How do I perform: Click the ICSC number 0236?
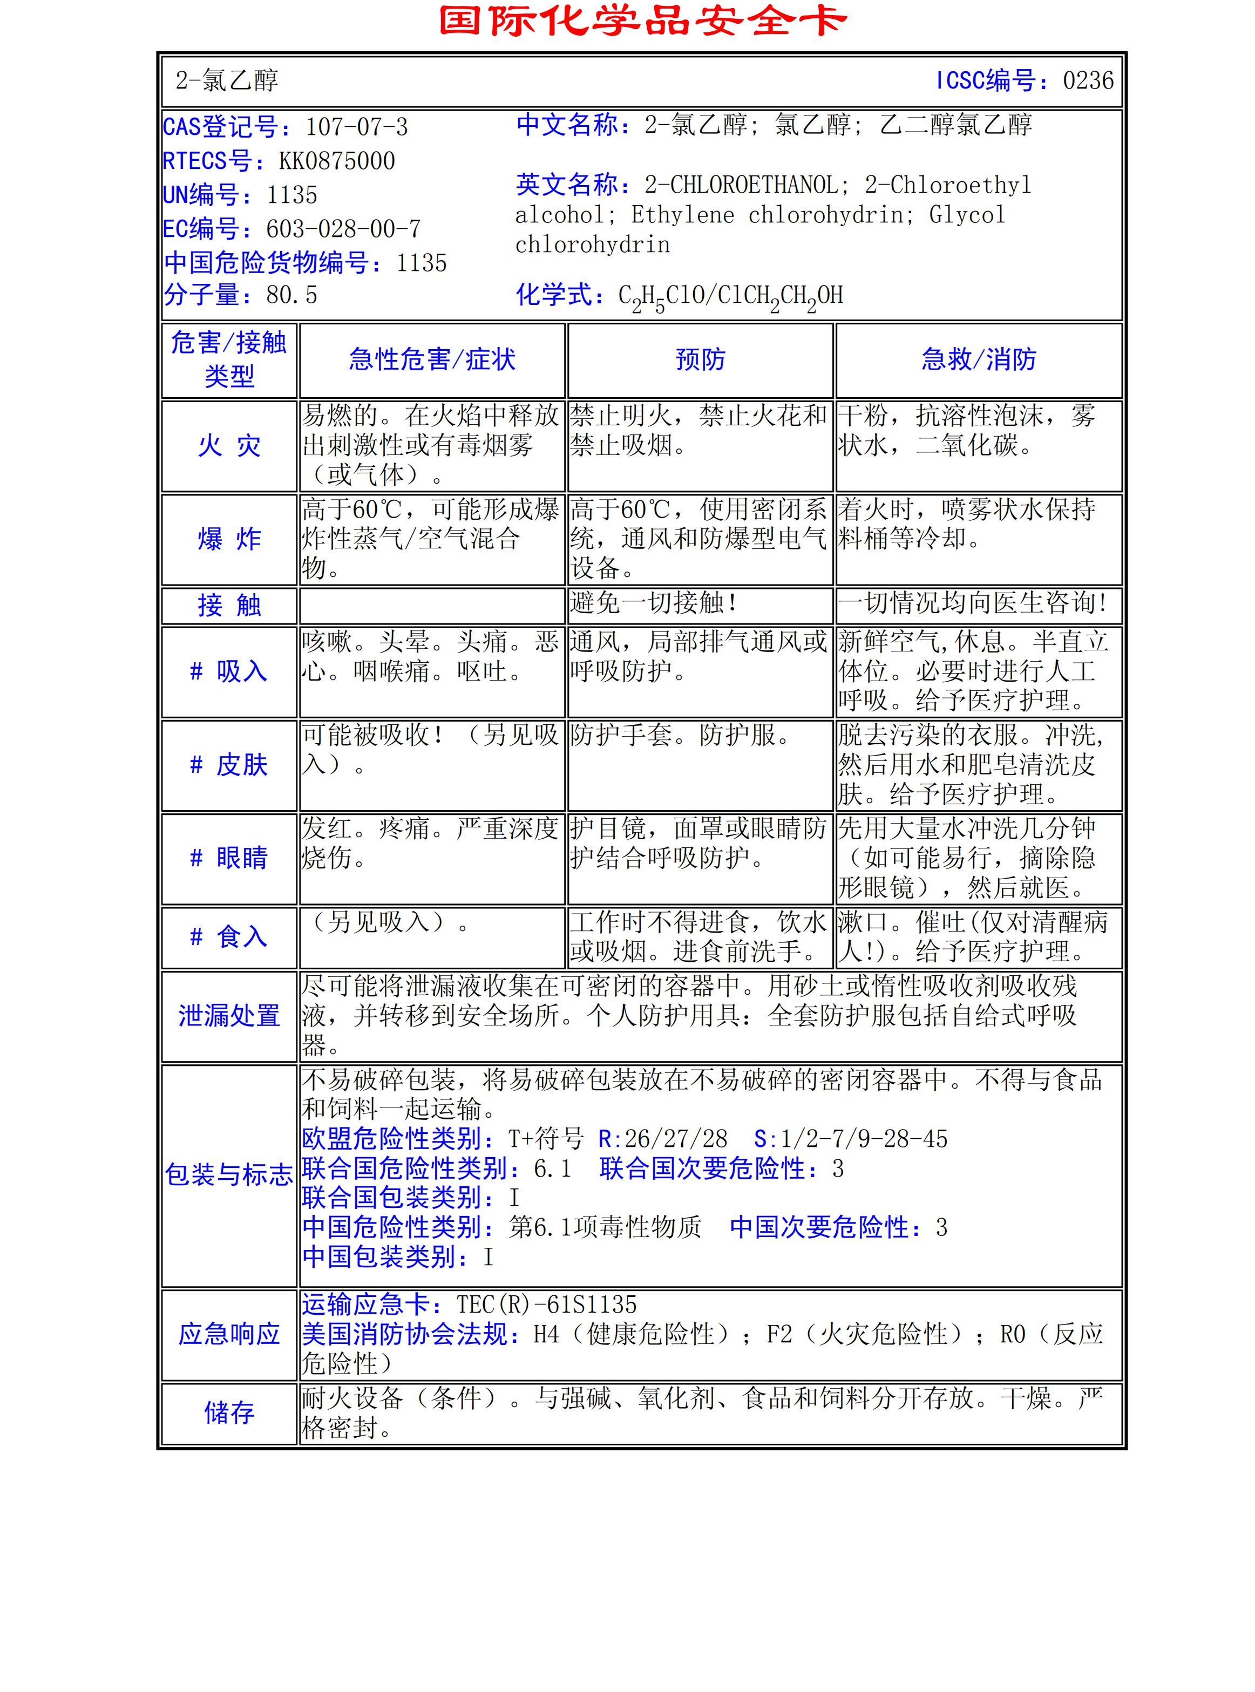[1087, 80]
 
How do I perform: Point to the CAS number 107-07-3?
[356, 127]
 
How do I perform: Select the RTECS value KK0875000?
[336, 161]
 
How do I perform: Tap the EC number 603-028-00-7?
[343, 229]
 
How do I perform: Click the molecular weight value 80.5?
[291, 295]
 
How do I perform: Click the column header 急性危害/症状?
[432, 359]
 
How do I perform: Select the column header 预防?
[701, 359]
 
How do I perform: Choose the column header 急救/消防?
[979, 359]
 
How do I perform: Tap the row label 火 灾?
[229, 446]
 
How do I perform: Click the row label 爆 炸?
[229, 539]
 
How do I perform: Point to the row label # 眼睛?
[229, 858]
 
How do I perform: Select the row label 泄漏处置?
[229, 1015]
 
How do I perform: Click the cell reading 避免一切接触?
[653, 603]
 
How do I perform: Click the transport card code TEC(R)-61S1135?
[546, 1304]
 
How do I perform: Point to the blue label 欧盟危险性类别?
[392, 1139]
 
